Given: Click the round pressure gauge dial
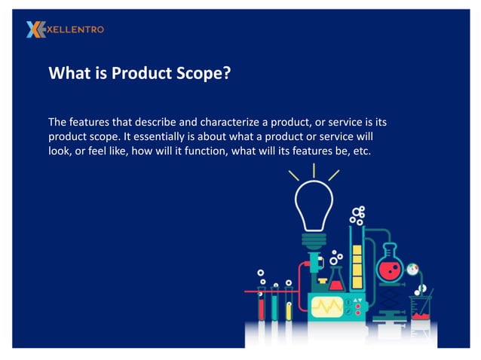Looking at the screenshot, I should tap(412, 269).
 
